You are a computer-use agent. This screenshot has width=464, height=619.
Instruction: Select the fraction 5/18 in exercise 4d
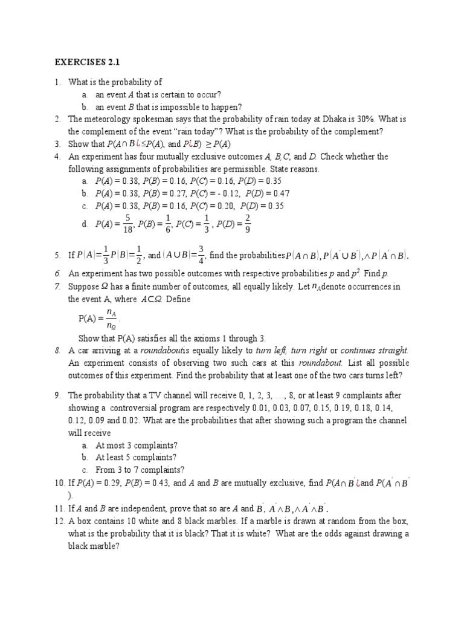(x=127, y=224)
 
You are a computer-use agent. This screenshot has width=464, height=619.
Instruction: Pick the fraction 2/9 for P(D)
(x=247, y=224)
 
